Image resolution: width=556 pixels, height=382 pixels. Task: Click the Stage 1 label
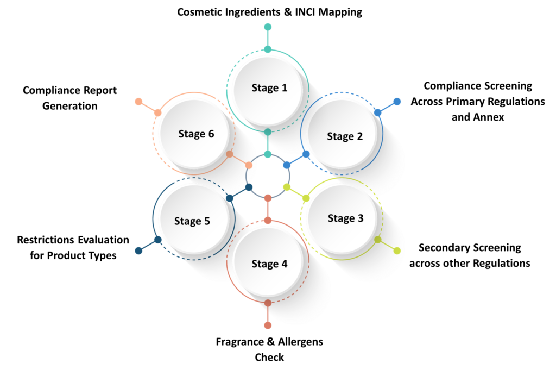(x=269, y=88)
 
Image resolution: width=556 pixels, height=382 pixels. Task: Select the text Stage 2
(x=345, y=136)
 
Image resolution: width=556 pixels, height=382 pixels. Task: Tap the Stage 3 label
(x=345, y=218)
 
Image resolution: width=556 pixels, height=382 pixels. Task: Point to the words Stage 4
(x=269, y=264)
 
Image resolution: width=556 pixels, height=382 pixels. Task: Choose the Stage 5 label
(x=192, y=221)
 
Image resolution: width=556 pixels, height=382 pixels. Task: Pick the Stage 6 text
(x=196, y=134)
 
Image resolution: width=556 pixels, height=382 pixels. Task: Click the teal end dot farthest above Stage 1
(x=268, y=27)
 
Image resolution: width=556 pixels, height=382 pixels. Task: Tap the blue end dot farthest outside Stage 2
(x=397, y=101)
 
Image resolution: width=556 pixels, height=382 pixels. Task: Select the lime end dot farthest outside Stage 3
(x=397, y=251)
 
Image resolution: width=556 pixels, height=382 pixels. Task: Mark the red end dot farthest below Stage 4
(x=268, y=325)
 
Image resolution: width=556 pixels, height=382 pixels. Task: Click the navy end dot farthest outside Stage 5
(x=138, y=251)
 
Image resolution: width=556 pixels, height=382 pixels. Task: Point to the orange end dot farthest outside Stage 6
(x=138, y=101)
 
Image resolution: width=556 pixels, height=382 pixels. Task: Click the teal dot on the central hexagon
(x=268, y=154)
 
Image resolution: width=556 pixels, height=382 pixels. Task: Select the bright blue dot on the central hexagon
(x=287, y=165)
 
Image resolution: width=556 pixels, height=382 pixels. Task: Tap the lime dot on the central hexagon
(x=287, y=187)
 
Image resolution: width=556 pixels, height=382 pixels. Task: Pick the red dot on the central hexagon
(x=268, y=197)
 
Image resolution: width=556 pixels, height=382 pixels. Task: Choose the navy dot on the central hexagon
(x=249, y=187)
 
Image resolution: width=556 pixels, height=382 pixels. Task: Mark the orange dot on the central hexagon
(x=249, y=165)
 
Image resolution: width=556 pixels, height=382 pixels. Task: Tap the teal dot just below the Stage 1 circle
(x=268, y=132)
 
